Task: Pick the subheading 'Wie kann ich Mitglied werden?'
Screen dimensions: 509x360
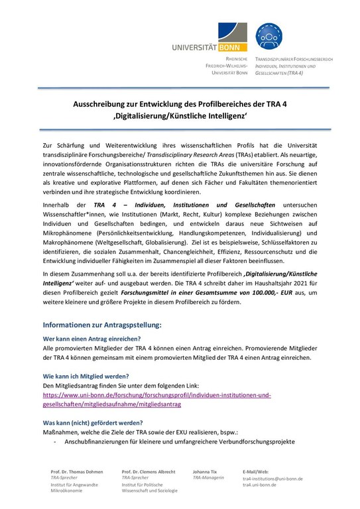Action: (x=87, y=375)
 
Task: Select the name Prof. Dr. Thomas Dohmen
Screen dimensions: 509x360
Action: (x=77, y=471)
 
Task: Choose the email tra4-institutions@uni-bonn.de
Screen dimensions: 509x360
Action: (x=272, y=479)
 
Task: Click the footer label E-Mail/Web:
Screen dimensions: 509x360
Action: (x=256, y=471)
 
